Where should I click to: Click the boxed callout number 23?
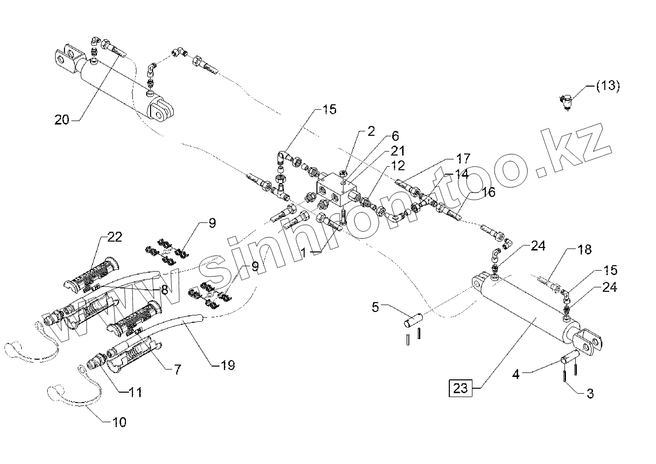point(460,388)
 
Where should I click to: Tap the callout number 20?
point(62,120)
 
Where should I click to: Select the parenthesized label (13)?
point(608,86)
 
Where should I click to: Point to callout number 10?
point(119,422)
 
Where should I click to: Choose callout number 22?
point(115,237)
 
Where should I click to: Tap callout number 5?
point(375,308)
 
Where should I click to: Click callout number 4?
point(516,374)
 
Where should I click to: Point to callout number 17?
point(463,158)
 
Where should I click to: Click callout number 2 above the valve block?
point(371,131)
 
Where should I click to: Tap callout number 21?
point(397,151)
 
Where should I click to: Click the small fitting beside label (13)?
point(566,101)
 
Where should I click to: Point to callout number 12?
point(398,166)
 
